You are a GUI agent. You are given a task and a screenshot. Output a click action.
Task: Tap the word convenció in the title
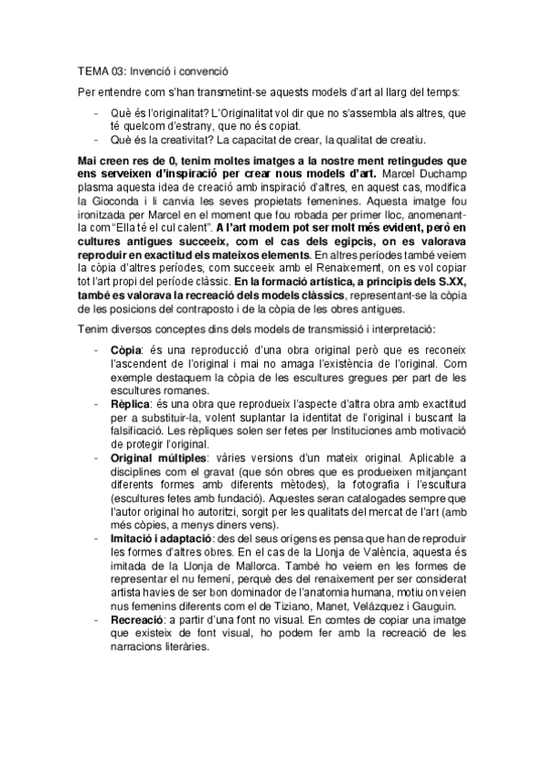tap(202, 69)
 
